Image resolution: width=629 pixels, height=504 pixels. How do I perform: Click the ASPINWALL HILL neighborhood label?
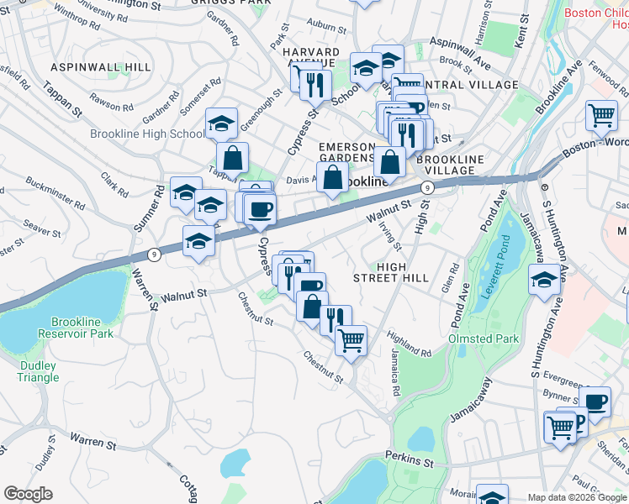click(101, 67)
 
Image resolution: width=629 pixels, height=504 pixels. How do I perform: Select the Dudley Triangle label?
click(39, 371)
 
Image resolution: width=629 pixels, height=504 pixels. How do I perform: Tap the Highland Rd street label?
click(410, 344)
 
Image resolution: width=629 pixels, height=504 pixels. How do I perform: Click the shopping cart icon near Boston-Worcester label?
click(601, 115)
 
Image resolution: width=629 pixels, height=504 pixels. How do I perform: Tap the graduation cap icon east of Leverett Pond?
click(544, 280)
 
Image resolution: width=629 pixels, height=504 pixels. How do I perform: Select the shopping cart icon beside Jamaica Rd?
click(351, 339)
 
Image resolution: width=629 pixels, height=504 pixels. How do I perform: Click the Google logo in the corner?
click(28, 494)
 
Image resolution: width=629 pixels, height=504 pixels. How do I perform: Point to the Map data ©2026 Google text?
click(577, 496)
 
